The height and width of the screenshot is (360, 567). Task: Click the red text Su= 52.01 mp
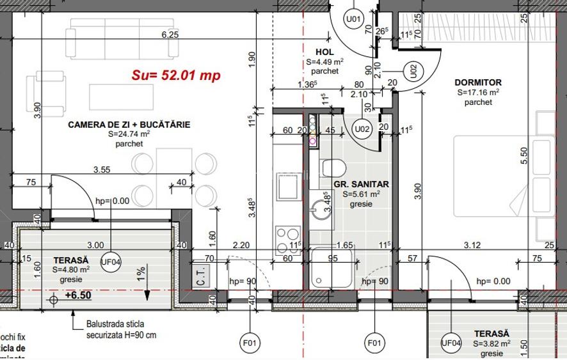pyautogui.click(x=176, y=75)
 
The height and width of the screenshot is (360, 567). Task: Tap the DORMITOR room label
pyautogui.click(x=477, y=82)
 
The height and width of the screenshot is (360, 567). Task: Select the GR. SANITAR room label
pyautogui.click(x=361, y=184)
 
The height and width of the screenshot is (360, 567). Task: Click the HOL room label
pyautogui.click(x=325, y=52)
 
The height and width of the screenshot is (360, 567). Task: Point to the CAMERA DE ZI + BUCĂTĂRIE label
pyautogui.click(x=129, y=125)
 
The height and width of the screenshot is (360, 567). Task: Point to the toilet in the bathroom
pyautogui.click(x=333, y=169)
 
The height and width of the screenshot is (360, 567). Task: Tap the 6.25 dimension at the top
pyautogui.click(x=170, y=35)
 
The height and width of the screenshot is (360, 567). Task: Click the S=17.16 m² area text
pyautogui.click(x=478, y=92)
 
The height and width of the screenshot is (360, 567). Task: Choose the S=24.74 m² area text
pyautogui.click(x=129, y=134)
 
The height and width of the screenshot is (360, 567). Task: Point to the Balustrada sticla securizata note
pyautogui.click(x=121, y=329)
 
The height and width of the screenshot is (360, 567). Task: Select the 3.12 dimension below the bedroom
pyautogui.click(x=472, y=245)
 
